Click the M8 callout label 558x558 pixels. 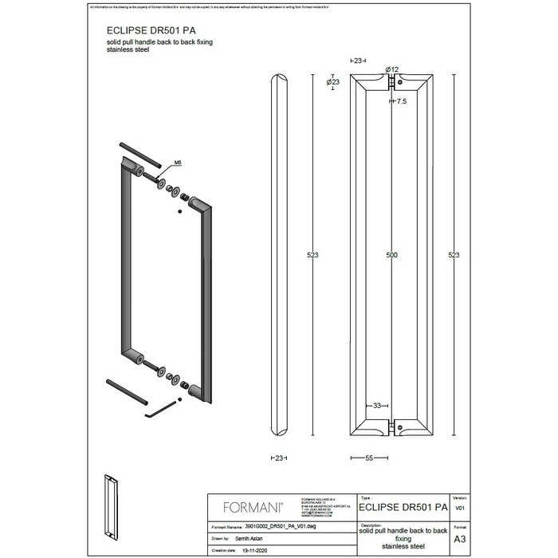tap(177, 163)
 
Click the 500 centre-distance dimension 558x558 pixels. tap(391, 255)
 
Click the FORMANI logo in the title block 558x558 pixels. tap(250, 505)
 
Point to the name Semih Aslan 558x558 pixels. tap(251, 538)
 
